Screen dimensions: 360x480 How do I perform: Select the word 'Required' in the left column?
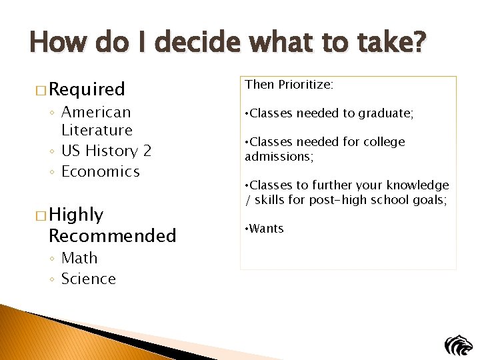pos(87,89)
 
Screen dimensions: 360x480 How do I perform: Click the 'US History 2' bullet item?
pos(106,151)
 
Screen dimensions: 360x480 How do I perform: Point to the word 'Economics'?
pos(101,172)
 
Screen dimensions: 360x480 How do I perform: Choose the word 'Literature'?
pos(97,131)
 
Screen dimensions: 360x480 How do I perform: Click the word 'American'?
pos(96,112)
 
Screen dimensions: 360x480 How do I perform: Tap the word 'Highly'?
pos(76,215)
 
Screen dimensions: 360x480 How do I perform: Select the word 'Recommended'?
pos(113,235)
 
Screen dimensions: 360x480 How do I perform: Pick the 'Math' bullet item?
pos(79,258)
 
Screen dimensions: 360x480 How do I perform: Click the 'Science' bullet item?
pos(89,279)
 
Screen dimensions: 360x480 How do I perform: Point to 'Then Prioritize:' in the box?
pos(289,85)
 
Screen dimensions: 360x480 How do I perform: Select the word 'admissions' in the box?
pos(278,157)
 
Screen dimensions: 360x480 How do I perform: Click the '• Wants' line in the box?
pos(265,229)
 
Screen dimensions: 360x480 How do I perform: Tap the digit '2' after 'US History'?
pos(147,151)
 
